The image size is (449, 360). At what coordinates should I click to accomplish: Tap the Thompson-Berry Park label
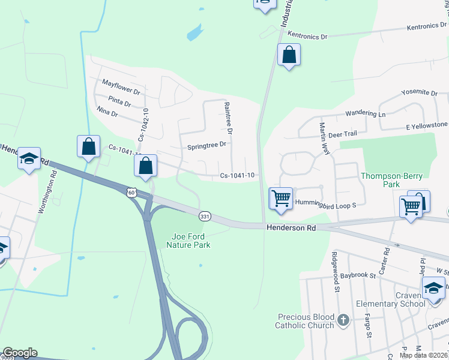391,180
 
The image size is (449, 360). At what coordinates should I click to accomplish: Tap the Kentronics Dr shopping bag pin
289,55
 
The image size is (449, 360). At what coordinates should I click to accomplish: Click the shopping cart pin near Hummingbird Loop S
281,198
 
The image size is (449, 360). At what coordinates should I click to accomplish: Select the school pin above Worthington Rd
29,159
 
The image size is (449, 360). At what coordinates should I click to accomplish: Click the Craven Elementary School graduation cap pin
432,288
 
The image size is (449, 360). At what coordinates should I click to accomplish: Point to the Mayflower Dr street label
121,88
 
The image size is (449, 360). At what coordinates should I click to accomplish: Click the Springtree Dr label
206,145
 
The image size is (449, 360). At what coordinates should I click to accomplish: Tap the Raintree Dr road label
228,117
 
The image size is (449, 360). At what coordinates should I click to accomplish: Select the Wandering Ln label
365,113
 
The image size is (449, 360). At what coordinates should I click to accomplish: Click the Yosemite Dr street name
421,93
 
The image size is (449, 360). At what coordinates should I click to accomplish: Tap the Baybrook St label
357,275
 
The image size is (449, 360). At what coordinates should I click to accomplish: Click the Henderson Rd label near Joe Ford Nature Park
291,228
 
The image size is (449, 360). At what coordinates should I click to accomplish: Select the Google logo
20,353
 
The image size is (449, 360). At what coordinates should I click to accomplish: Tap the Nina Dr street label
107,112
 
